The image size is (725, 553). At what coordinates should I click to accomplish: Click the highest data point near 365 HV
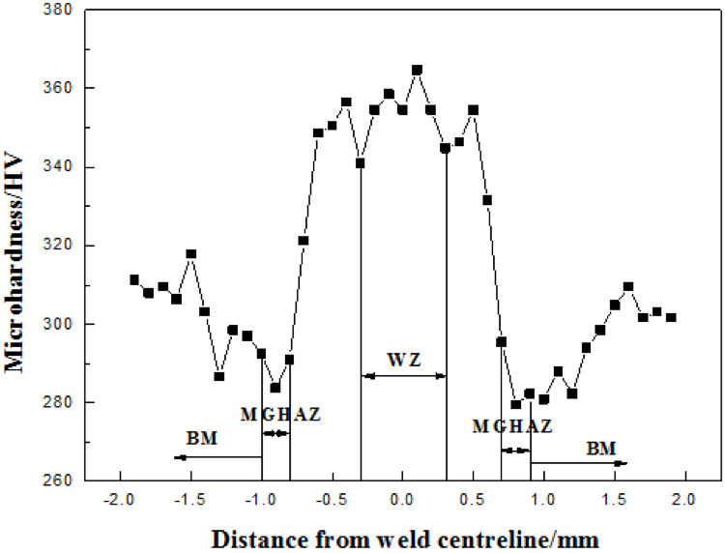coord(417,70)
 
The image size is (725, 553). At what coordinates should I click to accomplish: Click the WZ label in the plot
coord(403,361)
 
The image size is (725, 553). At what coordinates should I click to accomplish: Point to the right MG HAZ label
coord(513,426)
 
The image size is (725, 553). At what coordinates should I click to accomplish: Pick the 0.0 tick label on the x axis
coord(402,500)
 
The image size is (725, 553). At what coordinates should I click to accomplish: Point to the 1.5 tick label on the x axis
coord(614,500)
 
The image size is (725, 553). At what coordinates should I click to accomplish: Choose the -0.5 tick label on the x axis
coord(332,500)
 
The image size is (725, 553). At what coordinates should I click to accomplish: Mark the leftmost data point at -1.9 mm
coord(134,279)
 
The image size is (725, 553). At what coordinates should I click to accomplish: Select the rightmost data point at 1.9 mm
coord(671,317)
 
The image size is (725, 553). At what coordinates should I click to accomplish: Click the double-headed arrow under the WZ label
coord(403,375)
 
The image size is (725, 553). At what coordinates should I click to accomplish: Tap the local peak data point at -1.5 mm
coord(191,254)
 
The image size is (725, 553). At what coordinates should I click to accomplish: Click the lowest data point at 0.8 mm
coord(515,404)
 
